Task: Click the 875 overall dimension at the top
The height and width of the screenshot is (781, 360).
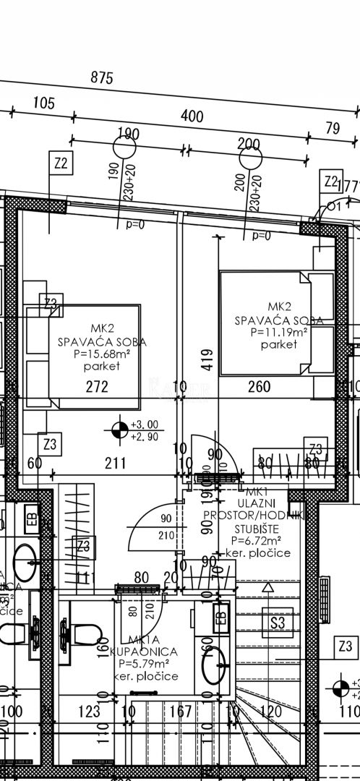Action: [x=102, y=78]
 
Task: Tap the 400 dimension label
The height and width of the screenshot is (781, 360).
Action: [x=192, y=116]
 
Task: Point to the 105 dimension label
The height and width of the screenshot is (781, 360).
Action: [x=43, y=103]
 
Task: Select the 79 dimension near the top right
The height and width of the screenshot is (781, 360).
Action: [x=333, y=128]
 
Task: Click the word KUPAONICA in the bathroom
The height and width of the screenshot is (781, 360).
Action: [x=143, y=652]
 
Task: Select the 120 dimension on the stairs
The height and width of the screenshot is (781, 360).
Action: [x=270, y=712]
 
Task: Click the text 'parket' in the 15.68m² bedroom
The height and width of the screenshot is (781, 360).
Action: [x=100, y=366]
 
